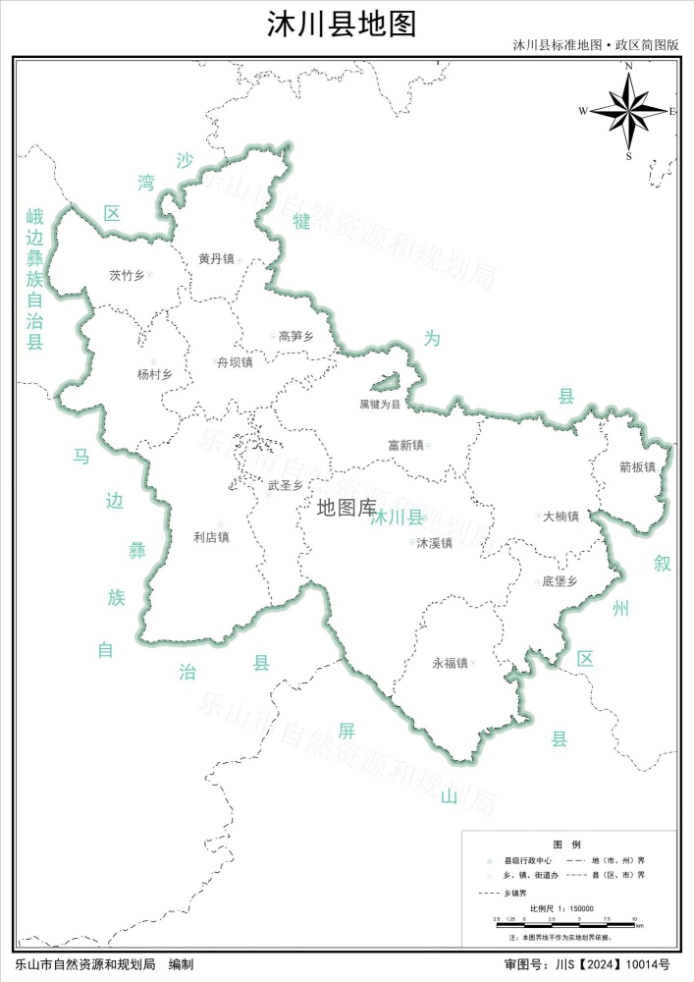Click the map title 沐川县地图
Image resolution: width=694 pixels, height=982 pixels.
[342, 24]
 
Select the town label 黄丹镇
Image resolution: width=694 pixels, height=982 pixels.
[216, 259]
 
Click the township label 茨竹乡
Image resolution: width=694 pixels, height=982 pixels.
[127, 275]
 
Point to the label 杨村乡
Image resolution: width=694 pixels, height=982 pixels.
[154, 374]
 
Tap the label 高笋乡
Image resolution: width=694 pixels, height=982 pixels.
[295, 336]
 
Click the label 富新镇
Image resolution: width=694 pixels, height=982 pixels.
[404, 445]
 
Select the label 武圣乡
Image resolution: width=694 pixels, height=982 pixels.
[285, 485]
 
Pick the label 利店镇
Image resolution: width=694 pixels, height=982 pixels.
[211, 537]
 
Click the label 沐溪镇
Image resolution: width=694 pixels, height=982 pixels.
[434, 542]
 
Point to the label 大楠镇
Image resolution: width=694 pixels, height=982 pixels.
[561, 516]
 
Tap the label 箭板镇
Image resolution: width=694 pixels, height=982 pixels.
[637, 467]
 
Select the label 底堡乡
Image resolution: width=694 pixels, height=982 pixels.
[559, 581]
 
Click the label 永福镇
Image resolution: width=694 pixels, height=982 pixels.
[450, 663]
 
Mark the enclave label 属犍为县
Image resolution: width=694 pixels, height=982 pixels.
[380, 404]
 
